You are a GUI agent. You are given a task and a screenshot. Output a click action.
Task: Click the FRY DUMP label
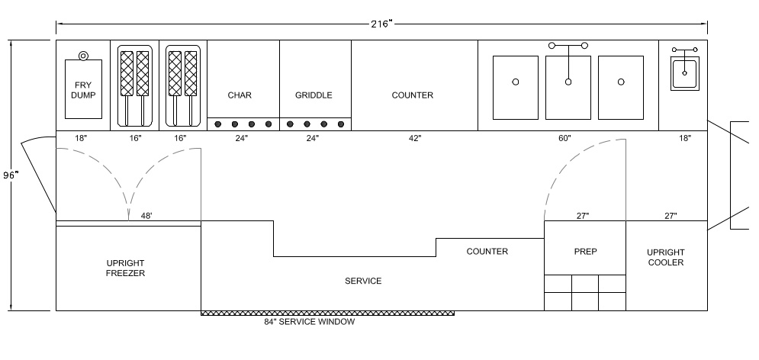coord(83,91)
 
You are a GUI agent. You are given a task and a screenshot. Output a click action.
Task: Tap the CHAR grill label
coord(240,95)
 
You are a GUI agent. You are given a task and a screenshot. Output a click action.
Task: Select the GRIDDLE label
coord(314,95)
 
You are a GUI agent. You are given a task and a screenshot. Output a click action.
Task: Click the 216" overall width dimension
coord(381,24)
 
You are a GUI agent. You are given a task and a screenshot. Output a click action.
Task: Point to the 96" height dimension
coord(10,175)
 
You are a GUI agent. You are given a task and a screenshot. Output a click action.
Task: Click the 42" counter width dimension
coord(415,138)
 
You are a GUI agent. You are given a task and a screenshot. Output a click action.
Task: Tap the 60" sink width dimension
coord(564,138)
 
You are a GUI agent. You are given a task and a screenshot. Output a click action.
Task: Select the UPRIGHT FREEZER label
coord(125,268)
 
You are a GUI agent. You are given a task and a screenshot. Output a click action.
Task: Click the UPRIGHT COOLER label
coord(666,258)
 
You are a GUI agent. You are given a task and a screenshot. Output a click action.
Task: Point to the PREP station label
coord(585,252)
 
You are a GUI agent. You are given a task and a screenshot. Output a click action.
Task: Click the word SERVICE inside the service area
coord(363,281)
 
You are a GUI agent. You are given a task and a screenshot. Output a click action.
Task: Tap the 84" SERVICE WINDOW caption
coord(309,322)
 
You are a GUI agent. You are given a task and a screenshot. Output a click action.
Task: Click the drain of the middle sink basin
coord(568,82)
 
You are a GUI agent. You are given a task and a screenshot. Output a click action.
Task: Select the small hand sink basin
coord(684,73)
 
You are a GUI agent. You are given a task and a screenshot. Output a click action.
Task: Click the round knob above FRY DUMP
coord(83,56)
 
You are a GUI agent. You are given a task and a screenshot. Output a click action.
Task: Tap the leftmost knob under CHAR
coord(218,124)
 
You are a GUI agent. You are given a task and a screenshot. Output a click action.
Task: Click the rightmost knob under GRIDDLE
coord(341,124)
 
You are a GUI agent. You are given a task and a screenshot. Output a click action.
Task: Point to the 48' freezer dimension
coord(146,216)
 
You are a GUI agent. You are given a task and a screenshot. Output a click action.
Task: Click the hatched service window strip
coord(328,313)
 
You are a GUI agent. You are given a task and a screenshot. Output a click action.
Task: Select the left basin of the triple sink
coord(516,88)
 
